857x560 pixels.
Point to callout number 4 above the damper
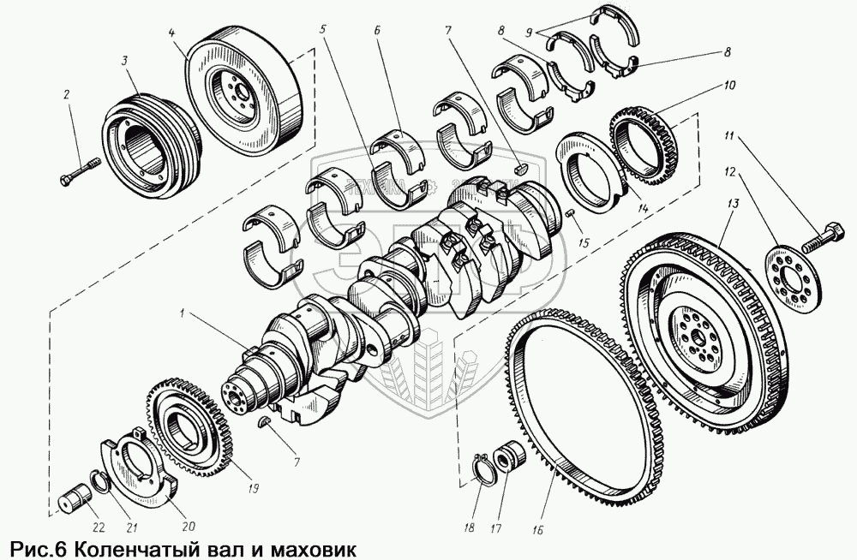click(x=172, y=34)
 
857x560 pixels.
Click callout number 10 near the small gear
click(x=728, y=86)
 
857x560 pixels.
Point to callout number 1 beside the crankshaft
click(x=181, y=314)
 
